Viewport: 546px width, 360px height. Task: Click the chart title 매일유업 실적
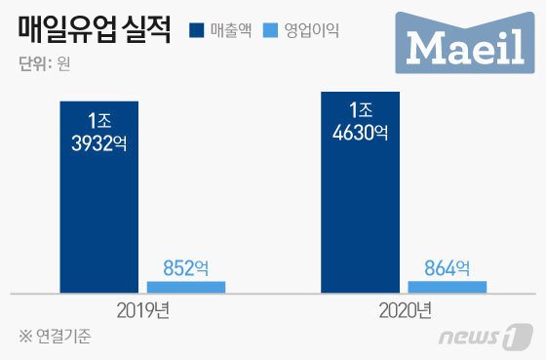tap(94, 32)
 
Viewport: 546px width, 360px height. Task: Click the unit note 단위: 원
tap(44, 65)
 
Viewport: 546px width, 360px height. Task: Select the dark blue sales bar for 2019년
tap(98, 195)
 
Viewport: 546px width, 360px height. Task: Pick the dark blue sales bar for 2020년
tap(360, 191)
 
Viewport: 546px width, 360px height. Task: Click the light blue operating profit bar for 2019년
tap(185, 287)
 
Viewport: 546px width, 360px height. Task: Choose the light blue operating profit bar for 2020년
tap(447, 287)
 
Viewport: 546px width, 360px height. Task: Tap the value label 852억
tap(185, 266)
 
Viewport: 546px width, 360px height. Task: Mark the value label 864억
tap(447, 266)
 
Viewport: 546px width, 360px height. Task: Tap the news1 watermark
tap(478, 338)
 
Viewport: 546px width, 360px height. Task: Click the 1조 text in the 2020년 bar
tap(360, 109)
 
